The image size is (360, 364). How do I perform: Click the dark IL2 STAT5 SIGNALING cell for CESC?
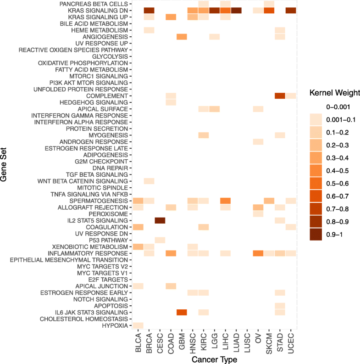point(160,221)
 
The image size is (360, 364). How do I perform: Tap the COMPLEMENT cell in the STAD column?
point(280,95)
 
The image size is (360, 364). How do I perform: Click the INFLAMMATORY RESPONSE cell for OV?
point(258,253)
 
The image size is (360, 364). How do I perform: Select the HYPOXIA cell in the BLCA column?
point(138,325)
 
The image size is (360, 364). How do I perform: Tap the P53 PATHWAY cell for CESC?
point(160,240)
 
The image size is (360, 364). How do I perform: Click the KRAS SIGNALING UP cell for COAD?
point(171,17)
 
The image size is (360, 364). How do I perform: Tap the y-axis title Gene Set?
point(6,167)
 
